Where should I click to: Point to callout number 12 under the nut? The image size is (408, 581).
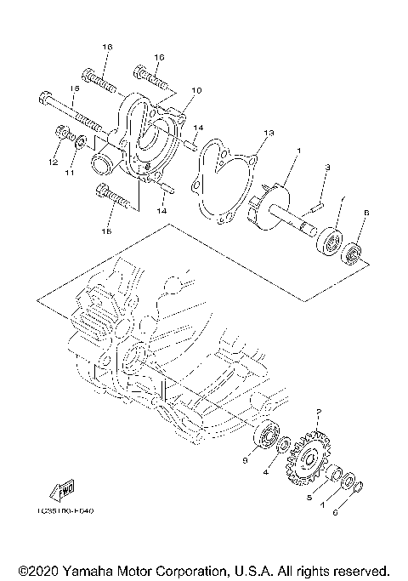click(53, 161)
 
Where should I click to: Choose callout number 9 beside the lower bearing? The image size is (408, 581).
click(246, 460)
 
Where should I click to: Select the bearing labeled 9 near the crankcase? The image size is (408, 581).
click(269, 436)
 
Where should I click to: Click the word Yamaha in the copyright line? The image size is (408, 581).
click(95, 568)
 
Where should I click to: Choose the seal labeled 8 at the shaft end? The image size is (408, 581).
click(354, 253)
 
